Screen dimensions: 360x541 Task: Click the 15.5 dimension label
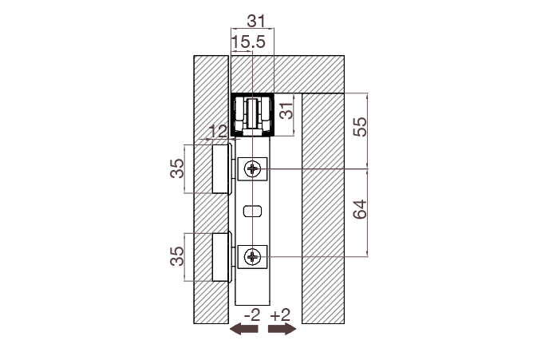tap(247, 42)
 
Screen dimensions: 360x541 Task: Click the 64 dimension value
tap(360, 211)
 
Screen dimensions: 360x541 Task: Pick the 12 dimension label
tap(217, 131)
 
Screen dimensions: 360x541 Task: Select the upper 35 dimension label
tap(177, 168)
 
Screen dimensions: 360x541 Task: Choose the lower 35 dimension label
tap(177, 256)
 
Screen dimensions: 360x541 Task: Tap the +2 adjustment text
tap(281, 315)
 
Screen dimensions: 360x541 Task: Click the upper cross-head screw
tap(254, 168)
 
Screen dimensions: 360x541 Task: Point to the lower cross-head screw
tap(254, 256)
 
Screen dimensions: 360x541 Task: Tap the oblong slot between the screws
tap(252, 212)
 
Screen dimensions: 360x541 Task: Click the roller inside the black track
tap(253, 115)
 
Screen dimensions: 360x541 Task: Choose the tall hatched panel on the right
tap(322, 208)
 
